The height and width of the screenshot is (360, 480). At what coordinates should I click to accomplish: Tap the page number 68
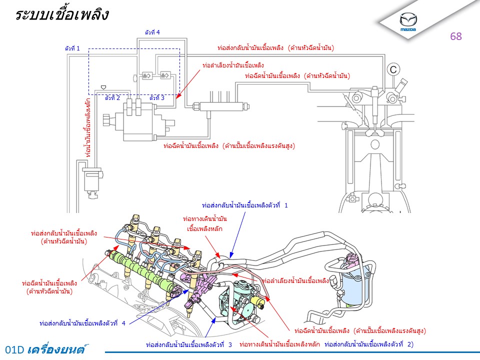(456, 36)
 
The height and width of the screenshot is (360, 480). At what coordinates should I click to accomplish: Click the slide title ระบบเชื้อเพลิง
(62, 15)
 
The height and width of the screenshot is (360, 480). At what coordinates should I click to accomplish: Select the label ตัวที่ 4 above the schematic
(152, 32)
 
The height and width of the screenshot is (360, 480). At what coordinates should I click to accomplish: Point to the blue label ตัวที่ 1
(72, 48)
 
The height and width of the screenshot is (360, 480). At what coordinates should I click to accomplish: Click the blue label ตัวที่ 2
(112, 98)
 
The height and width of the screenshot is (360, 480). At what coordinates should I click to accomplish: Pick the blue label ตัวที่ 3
(157, 98)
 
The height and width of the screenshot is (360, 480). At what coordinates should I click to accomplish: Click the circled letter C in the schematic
(393, 69)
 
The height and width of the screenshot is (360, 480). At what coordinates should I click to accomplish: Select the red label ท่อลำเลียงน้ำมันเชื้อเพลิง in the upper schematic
(233, 65)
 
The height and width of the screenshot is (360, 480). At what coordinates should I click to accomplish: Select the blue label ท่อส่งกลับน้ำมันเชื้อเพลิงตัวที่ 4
(82, 323)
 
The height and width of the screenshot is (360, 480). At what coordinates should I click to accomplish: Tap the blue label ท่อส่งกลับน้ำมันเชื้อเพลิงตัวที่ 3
(189, 345)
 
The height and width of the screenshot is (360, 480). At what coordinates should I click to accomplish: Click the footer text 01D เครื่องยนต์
(50, 349)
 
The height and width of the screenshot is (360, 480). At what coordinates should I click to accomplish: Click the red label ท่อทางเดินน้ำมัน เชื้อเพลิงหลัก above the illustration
(205, 223)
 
